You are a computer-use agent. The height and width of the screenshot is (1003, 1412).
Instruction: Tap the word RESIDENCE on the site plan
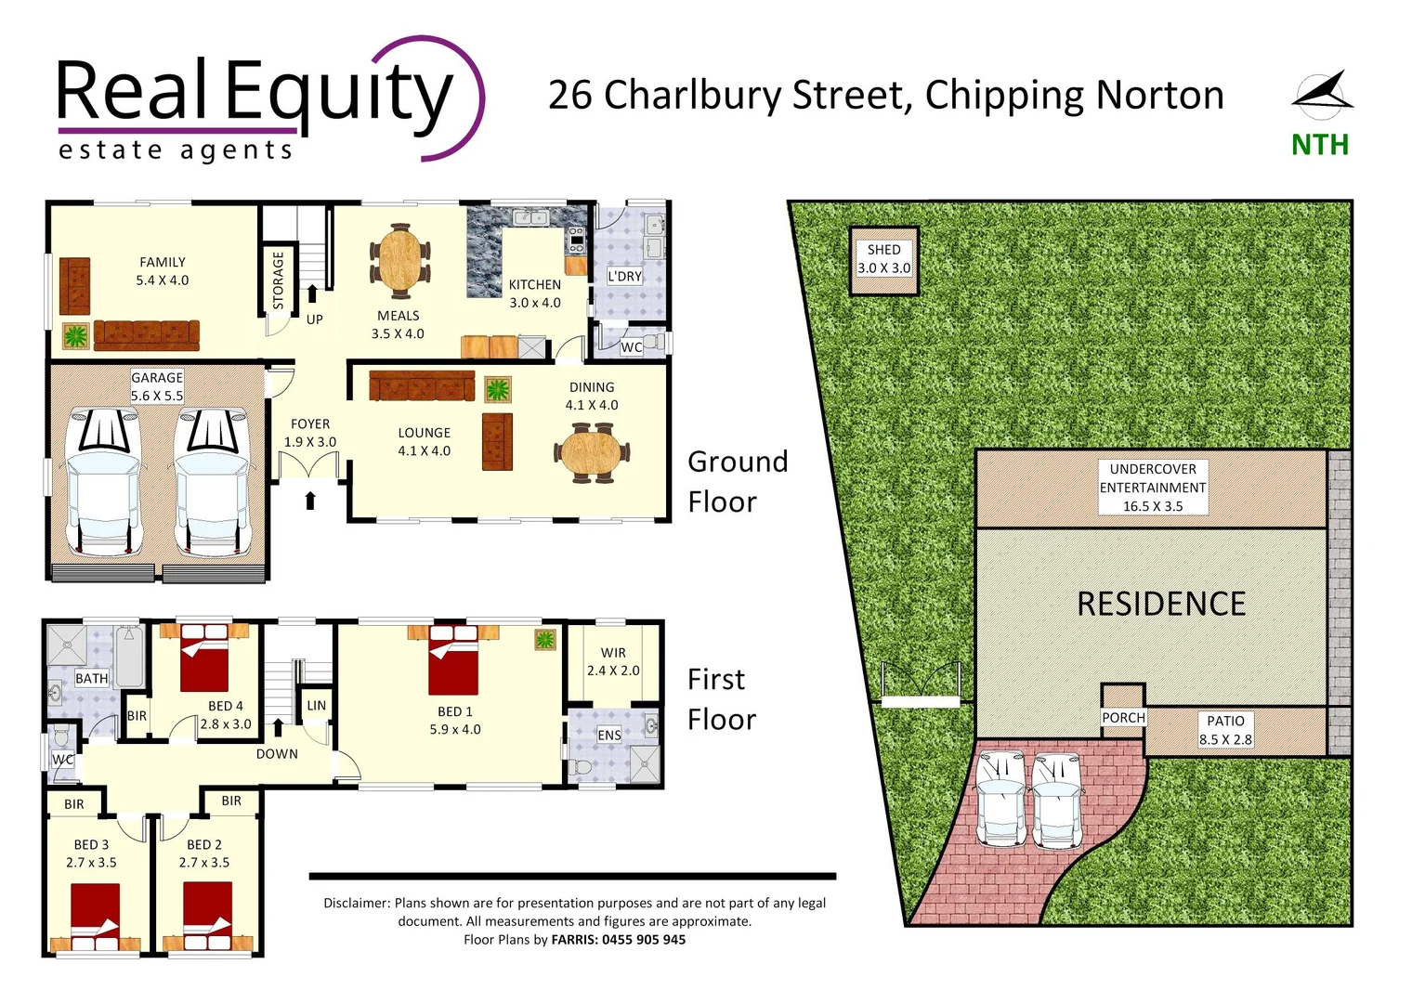point(1161,605)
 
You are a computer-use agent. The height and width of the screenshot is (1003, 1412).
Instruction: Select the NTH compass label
point(1319,145)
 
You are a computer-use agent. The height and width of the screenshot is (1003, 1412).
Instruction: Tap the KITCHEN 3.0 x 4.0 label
point(535,293)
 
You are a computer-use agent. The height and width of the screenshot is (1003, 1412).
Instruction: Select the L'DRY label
point(624,277)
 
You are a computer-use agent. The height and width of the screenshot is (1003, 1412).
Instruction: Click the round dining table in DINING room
point(592,452)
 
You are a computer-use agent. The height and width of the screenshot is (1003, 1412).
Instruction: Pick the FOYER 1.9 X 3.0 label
point(310,433)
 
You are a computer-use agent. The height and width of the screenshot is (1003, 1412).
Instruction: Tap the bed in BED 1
point(453,661)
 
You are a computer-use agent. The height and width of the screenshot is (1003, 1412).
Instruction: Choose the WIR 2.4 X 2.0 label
point(613,661)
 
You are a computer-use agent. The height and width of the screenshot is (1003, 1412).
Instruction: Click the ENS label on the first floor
point(609,736)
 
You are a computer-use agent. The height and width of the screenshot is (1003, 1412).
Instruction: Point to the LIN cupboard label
point(317,706)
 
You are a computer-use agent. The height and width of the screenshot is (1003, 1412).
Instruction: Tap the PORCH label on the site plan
point(1123,718)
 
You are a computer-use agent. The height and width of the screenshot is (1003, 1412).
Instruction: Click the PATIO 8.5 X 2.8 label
point(1225,730)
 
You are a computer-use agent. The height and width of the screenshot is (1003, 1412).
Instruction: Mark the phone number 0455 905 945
point(643,940)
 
